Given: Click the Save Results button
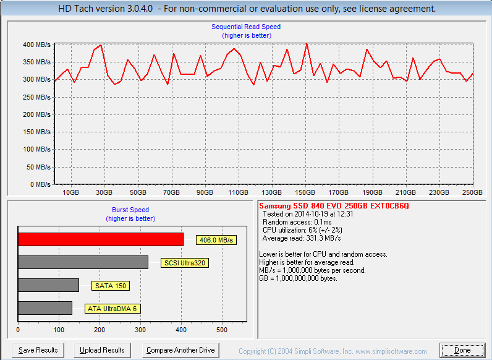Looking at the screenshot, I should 38,350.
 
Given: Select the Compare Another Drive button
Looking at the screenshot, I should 180,350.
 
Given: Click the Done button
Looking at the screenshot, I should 462,350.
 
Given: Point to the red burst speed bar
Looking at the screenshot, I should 100,239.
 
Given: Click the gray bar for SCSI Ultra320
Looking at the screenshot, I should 83,262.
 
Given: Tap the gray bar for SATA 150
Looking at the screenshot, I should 48,285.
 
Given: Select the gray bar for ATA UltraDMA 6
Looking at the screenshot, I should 45,308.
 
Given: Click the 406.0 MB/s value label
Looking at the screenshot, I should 216,240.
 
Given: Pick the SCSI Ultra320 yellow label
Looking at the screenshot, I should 184,263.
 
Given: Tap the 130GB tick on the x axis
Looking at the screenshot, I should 272,192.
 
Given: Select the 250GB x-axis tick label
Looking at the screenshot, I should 473,192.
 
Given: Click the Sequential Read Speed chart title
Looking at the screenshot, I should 246,27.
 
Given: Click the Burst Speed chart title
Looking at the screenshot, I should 130,210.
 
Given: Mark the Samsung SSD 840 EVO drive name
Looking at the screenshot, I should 334,205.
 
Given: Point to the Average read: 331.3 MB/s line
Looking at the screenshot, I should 302,238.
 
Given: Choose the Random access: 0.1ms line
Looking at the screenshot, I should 297,222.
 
